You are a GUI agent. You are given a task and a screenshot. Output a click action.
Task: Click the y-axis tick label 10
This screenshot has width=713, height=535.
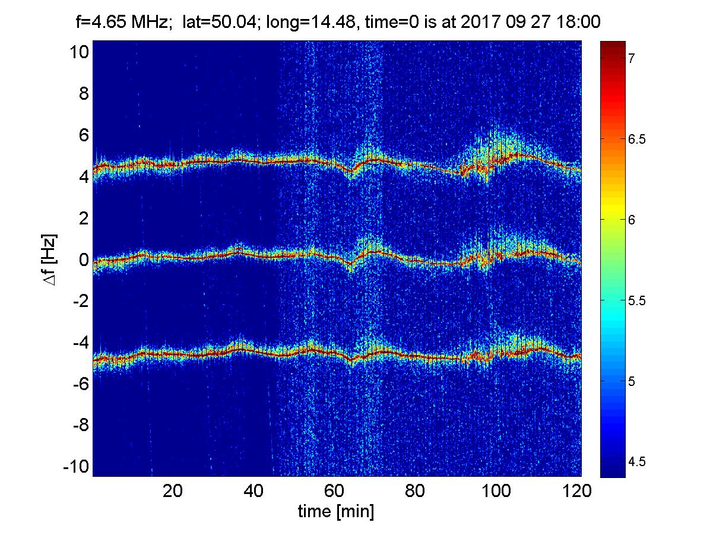coord(79,52)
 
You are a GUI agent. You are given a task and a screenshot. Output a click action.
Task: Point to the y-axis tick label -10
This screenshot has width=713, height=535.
coord(76,467)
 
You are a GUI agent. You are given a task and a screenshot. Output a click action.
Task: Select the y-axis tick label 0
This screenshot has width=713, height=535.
coord(84,259)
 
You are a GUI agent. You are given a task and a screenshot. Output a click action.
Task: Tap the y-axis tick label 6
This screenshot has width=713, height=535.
coord(84,135)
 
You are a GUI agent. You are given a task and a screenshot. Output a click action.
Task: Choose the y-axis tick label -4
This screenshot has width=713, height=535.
coord(81,343)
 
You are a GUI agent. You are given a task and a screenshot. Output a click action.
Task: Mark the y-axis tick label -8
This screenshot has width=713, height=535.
coord(81,425)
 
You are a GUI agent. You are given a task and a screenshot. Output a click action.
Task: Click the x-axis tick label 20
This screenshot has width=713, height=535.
coord(173,491)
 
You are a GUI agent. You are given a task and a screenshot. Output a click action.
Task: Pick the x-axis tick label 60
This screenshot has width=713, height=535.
coord(334,491)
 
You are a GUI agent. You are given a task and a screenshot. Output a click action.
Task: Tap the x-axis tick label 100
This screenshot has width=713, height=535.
coord(496,491)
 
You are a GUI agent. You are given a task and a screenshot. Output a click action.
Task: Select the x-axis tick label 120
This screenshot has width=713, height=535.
coord(576,491)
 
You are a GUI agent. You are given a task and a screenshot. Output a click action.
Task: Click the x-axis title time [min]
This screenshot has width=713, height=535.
coord(336,512)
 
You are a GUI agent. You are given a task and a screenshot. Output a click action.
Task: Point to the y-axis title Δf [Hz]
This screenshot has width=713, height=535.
coord(50,259)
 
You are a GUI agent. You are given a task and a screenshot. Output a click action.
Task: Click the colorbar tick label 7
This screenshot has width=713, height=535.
coord(631,58)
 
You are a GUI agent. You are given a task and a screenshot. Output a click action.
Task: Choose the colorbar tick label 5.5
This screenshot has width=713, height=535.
coord(636,301)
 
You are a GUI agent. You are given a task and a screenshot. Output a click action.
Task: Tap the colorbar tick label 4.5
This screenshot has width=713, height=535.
coord(636,461)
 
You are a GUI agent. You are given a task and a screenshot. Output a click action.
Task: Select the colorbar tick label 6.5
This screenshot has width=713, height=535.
coord(636,139)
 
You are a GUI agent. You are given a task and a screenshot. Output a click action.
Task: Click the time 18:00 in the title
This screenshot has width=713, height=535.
coord(578,22)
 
